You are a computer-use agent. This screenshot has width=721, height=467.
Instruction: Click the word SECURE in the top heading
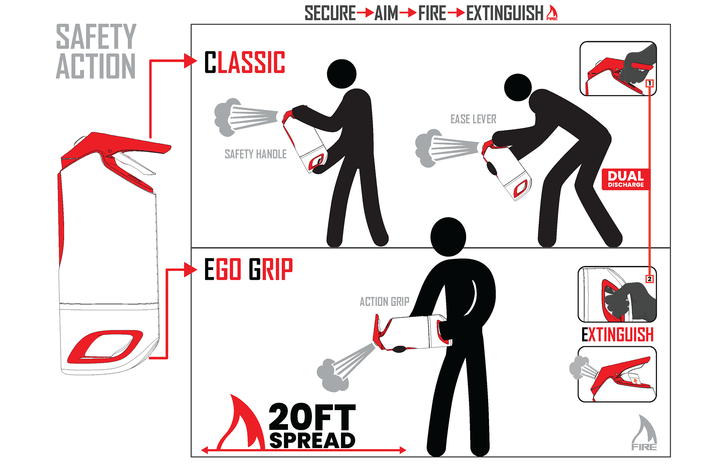click(330, 13)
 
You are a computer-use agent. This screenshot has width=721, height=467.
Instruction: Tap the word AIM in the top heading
click(386, 13)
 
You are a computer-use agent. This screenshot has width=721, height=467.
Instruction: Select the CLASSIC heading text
click(244, 62)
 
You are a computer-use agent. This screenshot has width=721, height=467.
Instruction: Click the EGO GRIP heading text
click(248, 269)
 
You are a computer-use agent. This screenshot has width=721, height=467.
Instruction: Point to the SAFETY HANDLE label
click(255, 154)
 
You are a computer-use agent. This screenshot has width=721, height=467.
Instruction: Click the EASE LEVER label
click(473, 119)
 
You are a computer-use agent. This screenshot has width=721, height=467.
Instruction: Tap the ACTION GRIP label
click(384, 302)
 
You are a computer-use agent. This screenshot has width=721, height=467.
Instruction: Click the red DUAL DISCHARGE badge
click(626, 179)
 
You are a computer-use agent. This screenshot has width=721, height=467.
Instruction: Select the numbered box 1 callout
click(650, 83)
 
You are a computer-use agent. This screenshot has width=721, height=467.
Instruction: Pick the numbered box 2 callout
click(650, 279)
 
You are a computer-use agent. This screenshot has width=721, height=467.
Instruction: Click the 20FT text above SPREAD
click(312, 417)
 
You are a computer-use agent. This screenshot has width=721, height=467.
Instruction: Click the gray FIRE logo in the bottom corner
click(644, 432)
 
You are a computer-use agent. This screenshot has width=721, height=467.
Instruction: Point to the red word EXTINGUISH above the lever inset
click(617, 334)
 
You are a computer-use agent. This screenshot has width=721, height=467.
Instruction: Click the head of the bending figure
click(518, 87)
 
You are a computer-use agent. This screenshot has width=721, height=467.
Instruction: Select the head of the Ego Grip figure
click(448, 237)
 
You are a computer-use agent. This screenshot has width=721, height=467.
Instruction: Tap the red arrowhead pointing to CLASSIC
click(190, 61)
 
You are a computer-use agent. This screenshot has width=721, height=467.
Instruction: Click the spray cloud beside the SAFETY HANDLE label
click(226, 117)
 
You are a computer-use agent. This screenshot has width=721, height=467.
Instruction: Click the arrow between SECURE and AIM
click(365, 13)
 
